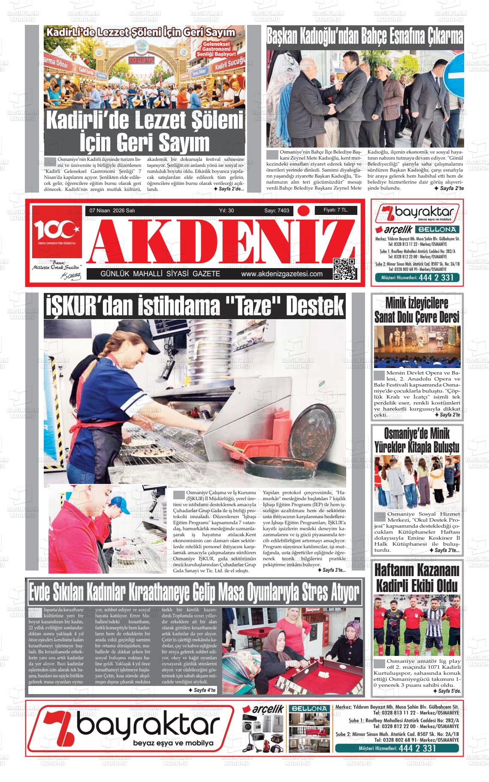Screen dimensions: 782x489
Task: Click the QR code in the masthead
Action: pyautogui.click(x=344, y=269)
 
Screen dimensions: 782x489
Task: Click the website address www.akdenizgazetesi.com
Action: pyautogui.click(x=282, y=274)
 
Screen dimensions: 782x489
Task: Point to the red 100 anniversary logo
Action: pyautogui.click(x=57, y=232)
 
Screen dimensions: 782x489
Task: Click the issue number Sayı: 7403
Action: pyautogui.click(x=277, y=211)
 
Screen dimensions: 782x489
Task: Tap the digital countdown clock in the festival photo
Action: pyautogui.click(x=141, y=60)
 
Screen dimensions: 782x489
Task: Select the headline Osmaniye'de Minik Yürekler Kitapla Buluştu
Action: pyautogui.click(x=417, y=440)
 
